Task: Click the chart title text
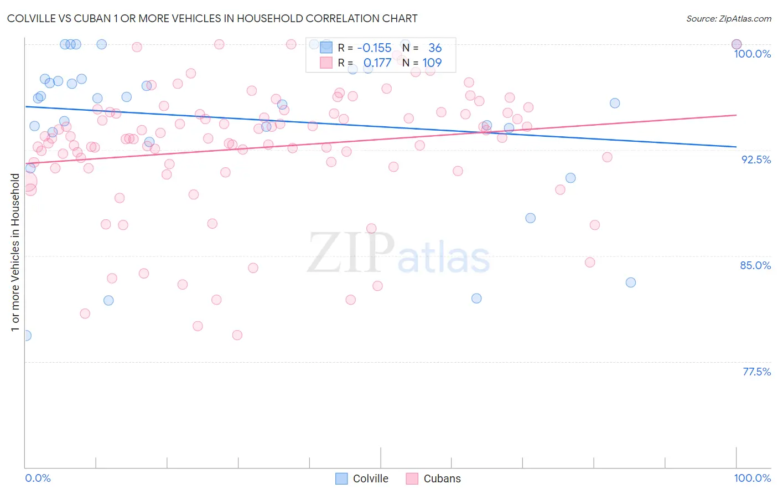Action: (x=212, y=18)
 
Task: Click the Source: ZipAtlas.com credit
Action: (x=728, y=18)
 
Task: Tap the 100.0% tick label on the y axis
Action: (x=752, y=54)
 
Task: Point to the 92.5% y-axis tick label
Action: (x=756, y=159)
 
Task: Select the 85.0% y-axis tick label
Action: (x=755, y=265)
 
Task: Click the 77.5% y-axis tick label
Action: (x=756, y=372)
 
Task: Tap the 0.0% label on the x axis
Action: (x=38, y=478)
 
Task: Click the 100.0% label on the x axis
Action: (x=752, y=478)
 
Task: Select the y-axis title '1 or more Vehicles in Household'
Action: (x=15, y=253)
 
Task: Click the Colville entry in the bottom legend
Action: (x=370, y=478)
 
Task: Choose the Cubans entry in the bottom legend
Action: (x=442, y=478)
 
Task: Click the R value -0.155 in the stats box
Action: (x=374, y=48)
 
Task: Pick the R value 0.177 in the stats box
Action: (x=377, y=63)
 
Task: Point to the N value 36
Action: (x=435, y=48)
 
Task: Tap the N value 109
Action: (x=432, y=63)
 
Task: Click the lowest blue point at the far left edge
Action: (x=25, y=336)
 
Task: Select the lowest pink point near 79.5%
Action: (x=237, y=335)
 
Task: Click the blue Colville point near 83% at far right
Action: (x=630, y=282)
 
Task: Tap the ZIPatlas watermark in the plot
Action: (x=398, y=253)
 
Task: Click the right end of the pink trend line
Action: (x=736, y=115)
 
